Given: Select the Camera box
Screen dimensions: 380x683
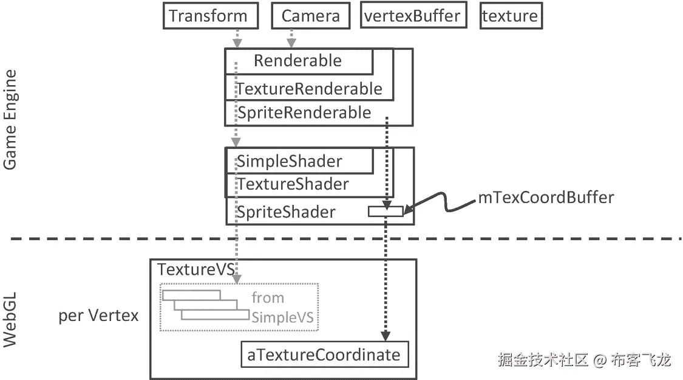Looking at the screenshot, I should [310, 16].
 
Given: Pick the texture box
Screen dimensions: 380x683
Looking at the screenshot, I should [510, 16].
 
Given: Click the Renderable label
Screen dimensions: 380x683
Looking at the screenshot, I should [297, 61].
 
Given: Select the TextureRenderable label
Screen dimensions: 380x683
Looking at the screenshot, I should [309, 89].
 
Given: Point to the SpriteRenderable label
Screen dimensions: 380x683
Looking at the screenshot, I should [304, 112].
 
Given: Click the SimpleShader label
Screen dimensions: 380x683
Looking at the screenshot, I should [289, 162].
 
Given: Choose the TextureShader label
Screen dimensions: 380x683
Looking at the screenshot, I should [293, 184].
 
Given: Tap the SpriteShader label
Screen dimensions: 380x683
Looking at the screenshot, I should [286, 212].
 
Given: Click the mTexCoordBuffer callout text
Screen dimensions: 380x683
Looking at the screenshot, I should [546, 197].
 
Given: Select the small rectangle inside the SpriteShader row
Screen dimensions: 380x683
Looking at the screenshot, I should [386, 212].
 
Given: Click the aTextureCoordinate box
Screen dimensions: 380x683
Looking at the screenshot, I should [324, 355].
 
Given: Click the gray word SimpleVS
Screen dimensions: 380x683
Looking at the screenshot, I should [285, 317].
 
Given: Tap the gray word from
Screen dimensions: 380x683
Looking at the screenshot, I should [268, 298].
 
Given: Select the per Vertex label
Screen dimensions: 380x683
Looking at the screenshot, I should [98, 316].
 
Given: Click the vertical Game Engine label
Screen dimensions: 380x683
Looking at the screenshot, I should [10, 120].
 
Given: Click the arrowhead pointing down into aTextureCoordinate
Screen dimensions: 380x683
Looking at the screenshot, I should [384, 336].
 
